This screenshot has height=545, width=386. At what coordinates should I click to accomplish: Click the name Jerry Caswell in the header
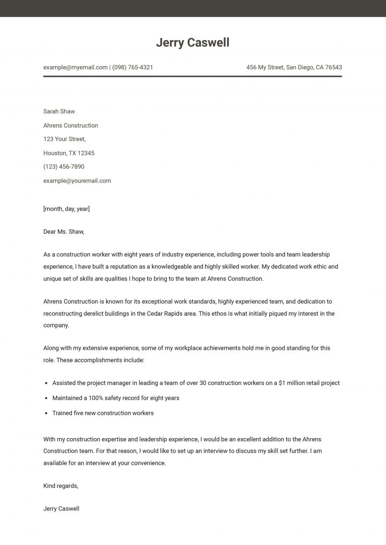click(192, 43)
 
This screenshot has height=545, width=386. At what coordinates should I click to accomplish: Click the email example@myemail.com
click(75, 67)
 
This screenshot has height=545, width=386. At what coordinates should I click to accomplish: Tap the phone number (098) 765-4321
click(133, 67)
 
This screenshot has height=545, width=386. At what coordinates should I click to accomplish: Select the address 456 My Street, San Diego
click(294, 67)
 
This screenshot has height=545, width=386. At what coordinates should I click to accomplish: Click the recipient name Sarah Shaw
click(59, 111)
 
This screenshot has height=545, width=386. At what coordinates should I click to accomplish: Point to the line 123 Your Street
click(64, 139)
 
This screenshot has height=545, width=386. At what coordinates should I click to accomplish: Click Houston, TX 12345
click(69, 153)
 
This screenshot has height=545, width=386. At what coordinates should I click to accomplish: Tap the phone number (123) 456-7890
click(64, 167)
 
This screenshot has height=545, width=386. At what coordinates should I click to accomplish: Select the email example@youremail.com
click(77, 181)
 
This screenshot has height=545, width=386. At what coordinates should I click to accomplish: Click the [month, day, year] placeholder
click(66, 209)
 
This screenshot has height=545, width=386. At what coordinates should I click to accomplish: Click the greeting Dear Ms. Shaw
click(64, 232)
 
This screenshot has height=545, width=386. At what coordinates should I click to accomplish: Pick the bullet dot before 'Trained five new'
click(46, 414)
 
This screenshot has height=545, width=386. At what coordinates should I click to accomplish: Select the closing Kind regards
click(61, 486)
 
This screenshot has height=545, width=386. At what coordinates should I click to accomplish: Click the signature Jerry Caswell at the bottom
click(61, 509)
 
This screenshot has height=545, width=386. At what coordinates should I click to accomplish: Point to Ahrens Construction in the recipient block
click(70, 125)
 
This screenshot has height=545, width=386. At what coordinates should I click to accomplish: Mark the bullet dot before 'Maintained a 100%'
click(46, 398)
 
